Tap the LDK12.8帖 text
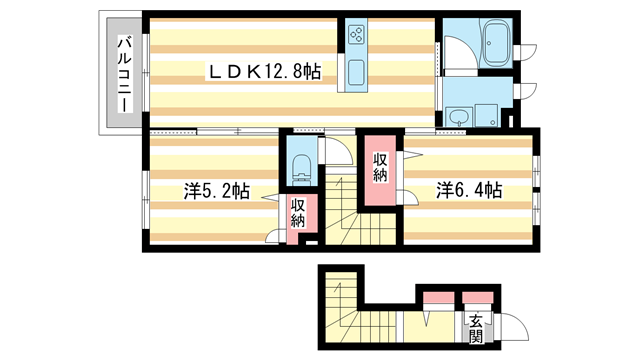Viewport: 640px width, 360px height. (263, 72)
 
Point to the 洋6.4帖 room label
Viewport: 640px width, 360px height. (468, 189)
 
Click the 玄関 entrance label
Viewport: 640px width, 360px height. (477, 329)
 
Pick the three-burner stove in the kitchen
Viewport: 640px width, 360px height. (358, 38)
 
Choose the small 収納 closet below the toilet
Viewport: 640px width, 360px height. (299, 212)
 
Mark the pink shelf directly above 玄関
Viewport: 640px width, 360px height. (477, 297)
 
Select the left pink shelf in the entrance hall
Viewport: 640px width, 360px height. (437, 297)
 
